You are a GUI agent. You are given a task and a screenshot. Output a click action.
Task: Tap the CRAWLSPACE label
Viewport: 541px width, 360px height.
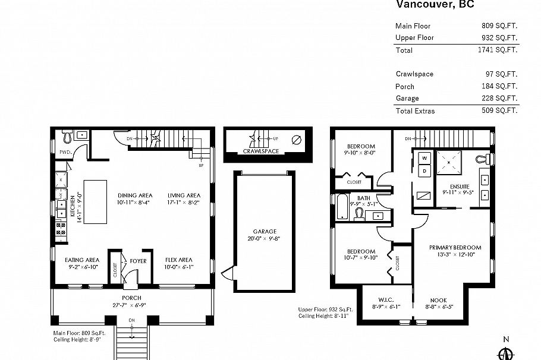(x=261, y=151)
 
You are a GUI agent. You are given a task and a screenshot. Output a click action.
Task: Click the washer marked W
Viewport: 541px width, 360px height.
(x=424, y=159)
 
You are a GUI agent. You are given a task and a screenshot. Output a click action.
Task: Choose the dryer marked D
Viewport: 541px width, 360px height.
(x=424, y=171)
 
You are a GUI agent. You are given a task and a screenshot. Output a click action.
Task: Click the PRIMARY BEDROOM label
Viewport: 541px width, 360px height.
(x=455, y=247)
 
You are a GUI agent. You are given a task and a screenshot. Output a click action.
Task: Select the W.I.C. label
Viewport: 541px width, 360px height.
(x=386, y=301)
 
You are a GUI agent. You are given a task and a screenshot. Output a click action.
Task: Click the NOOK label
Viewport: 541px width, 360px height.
(x=439, y=301)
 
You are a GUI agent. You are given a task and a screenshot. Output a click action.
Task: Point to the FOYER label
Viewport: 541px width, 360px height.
(x=138, y=260)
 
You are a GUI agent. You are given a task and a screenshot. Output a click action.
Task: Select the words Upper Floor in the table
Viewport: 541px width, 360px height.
(x=414, y=37)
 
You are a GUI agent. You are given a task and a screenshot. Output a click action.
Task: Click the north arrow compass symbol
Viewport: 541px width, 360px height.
(x=506, y=352)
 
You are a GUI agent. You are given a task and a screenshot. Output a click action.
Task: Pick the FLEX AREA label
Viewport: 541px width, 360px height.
(x=178, y=260)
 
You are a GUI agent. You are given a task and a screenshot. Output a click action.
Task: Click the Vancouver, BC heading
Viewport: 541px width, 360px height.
(x=435, y=5)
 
